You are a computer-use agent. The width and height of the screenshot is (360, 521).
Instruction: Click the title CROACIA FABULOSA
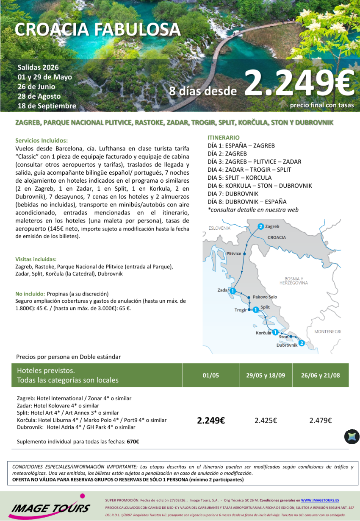tap(97, 29)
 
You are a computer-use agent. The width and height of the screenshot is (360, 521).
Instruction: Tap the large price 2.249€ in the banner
tap(299, 84)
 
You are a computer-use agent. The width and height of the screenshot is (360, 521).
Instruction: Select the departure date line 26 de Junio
tap(36, 86)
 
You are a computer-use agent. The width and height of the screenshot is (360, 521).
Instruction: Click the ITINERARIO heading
tap(223, 137)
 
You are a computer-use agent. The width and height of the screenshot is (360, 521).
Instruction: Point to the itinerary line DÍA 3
tap(254, 162)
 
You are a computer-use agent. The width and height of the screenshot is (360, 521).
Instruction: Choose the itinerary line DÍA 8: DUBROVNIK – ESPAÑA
tap(246, 201)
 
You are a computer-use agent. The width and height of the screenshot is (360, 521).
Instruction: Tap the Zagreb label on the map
tap(272, 226)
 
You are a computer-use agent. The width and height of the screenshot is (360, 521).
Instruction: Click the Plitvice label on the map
tap(234, 254)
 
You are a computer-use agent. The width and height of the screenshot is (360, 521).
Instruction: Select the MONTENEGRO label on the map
tap(327, 332)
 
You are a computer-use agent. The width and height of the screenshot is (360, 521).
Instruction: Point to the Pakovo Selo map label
tap(265, 297)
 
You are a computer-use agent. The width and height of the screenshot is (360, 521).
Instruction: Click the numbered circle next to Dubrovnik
tap(302, 343)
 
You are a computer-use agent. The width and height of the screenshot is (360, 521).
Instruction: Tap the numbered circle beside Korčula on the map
tap(275, 332)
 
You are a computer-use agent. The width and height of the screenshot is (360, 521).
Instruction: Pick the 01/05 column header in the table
tap(210, 375)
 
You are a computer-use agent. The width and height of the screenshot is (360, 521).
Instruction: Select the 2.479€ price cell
tap(320, 421)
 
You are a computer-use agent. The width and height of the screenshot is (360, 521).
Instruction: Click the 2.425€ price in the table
tap(266, 421)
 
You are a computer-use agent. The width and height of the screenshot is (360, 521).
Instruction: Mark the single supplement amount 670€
tap(133, 441)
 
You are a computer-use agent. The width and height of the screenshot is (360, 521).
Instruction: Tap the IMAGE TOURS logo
tap(50, 507)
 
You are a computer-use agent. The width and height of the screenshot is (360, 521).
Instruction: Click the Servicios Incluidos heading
tap(42, 140)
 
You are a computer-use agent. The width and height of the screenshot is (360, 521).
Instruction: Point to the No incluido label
tap(30, 294)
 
